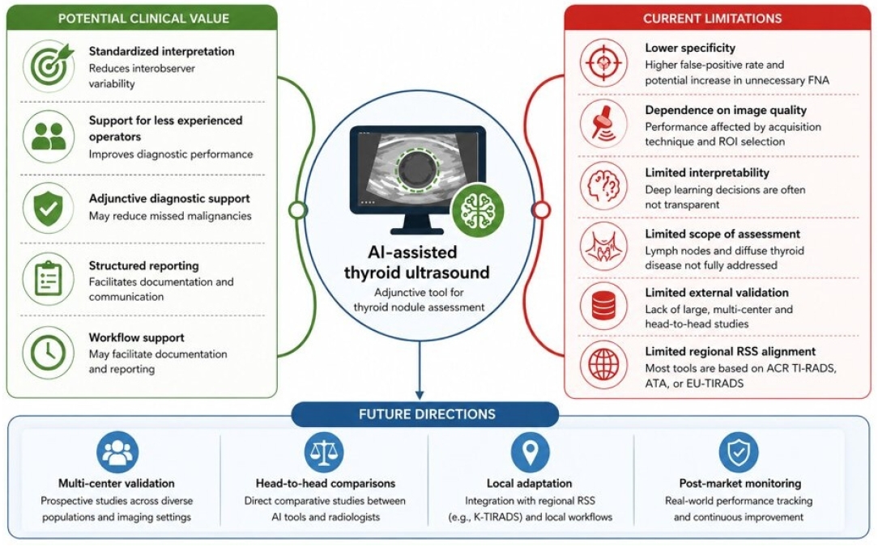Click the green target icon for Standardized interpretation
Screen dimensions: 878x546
click(49, 66)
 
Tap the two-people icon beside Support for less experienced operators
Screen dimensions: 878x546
click(49, 137)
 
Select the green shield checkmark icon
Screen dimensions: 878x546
click(49, 208)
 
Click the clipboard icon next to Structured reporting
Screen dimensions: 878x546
click(49, 278)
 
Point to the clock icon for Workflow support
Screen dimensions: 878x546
click(49, 353)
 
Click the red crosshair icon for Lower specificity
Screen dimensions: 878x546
click(603, 62)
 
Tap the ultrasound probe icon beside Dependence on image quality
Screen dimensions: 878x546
click(603, 124)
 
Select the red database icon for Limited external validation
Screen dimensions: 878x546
click(603, 306)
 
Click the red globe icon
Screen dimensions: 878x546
click(603, 365)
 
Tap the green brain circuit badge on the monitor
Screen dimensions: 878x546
click(478, 210)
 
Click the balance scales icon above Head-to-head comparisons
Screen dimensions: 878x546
click(324, 452)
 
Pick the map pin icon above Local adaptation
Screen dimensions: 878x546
click(531, 452)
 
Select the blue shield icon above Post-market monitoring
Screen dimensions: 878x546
click(739, 452)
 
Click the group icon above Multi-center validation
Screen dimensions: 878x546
click(117, 452)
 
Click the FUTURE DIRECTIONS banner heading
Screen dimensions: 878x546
click(427, 414)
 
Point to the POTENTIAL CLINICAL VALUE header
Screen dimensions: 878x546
click(143, 19)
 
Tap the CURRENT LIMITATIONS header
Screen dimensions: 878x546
click(712, 19)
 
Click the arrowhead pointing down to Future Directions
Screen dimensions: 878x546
click(420, 395)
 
